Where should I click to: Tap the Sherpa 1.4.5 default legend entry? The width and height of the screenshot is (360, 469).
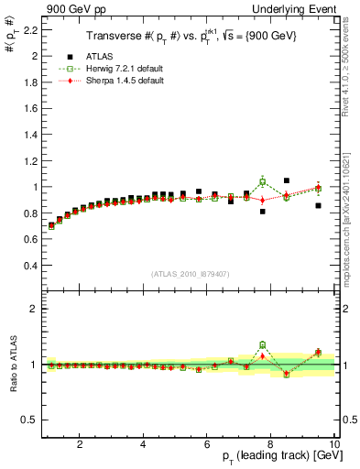point(123,81)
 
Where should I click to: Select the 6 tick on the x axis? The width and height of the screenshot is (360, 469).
point(207,443)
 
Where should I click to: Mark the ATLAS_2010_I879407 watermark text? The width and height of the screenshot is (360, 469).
point(190,274)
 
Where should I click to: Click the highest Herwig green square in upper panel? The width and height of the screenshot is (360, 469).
point(263,181)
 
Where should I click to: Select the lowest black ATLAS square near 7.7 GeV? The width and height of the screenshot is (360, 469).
point(263,212)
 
